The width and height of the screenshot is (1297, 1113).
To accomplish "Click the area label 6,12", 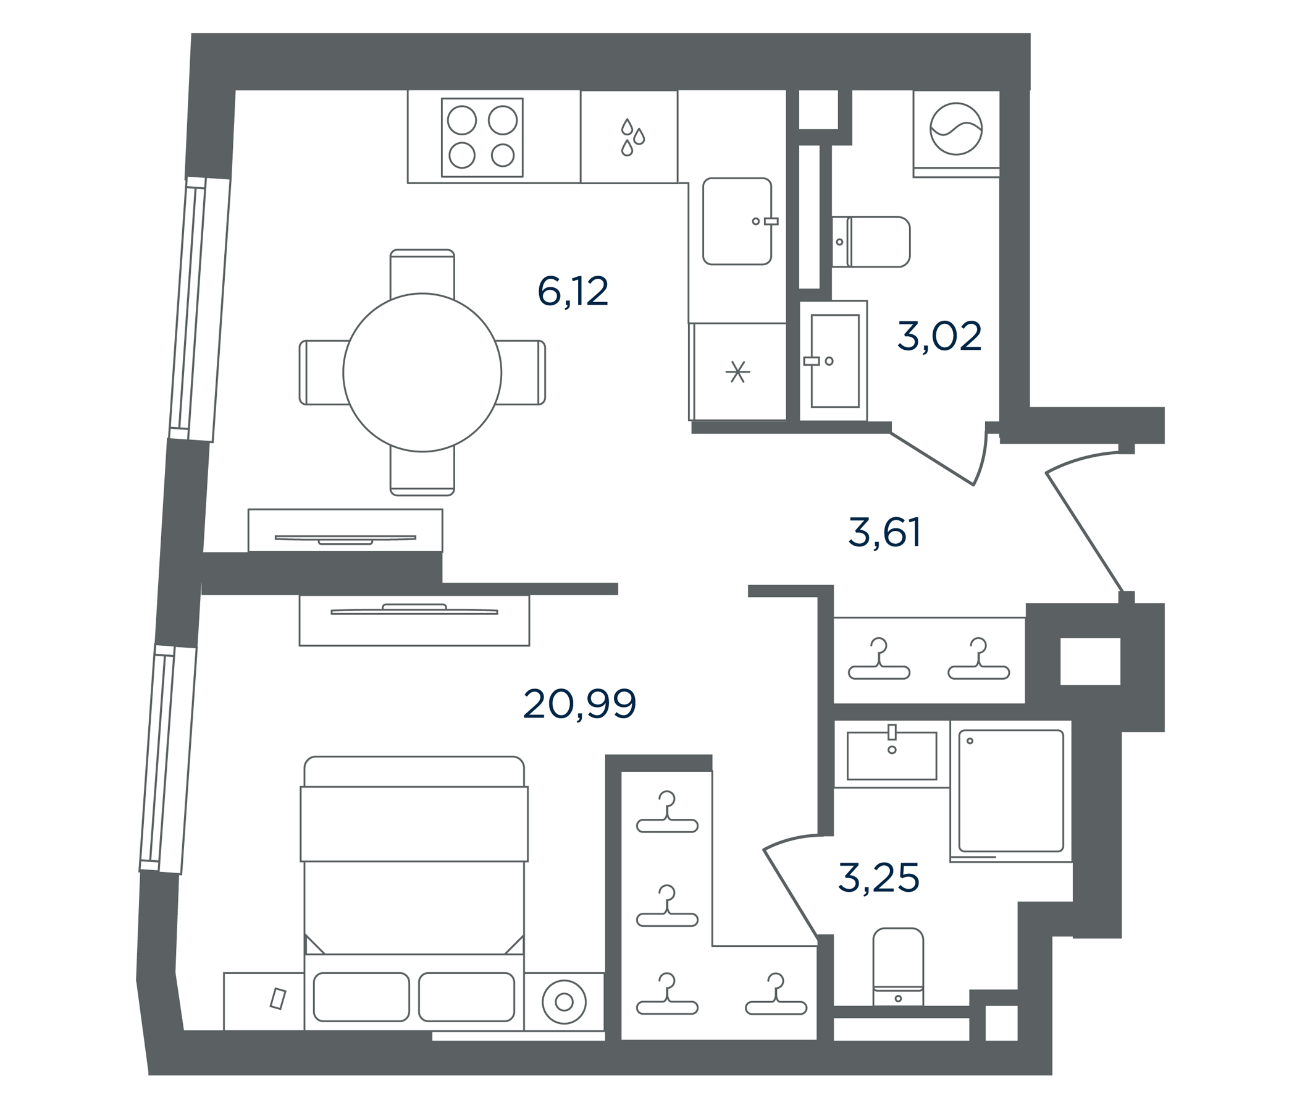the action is (573, 292).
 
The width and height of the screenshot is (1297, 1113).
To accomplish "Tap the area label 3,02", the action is (939, 336).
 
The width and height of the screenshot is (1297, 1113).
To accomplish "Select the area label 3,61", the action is (884, 533).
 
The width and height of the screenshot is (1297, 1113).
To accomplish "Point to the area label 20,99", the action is (580, 704).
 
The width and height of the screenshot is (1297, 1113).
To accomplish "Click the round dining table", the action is (422, 372).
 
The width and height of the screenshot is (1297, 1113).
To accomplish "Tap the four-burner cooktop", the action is (482, 137).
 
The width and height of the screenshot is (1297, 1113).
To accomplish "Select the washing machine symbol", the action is (956, 129).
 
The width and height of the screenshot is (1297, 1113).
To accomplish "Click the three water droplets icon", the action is (632, 137).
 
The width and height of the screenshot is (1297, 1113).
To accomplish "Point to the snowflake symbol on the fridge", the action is (738, 372).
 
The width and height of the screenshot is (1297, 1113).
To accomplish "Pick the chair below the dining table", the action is (422, 472).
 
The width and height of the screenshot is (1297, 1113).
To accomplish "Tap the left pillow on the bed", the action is (361, 996).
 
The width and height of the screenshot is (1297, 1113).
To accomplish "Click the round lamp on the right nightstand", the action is (564, 1002).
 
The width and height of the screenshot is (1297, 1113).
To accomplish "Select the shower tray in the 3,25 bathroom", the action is (1011, 790).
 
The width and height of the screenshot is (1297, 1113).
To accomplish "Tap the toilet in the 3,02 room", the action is (871, 242).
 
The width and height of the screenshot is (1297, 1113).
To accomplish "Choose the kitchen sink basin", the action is (737, 221).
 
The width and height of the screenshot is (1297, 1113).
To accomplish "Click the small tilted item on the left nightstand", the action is (278, 999).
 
